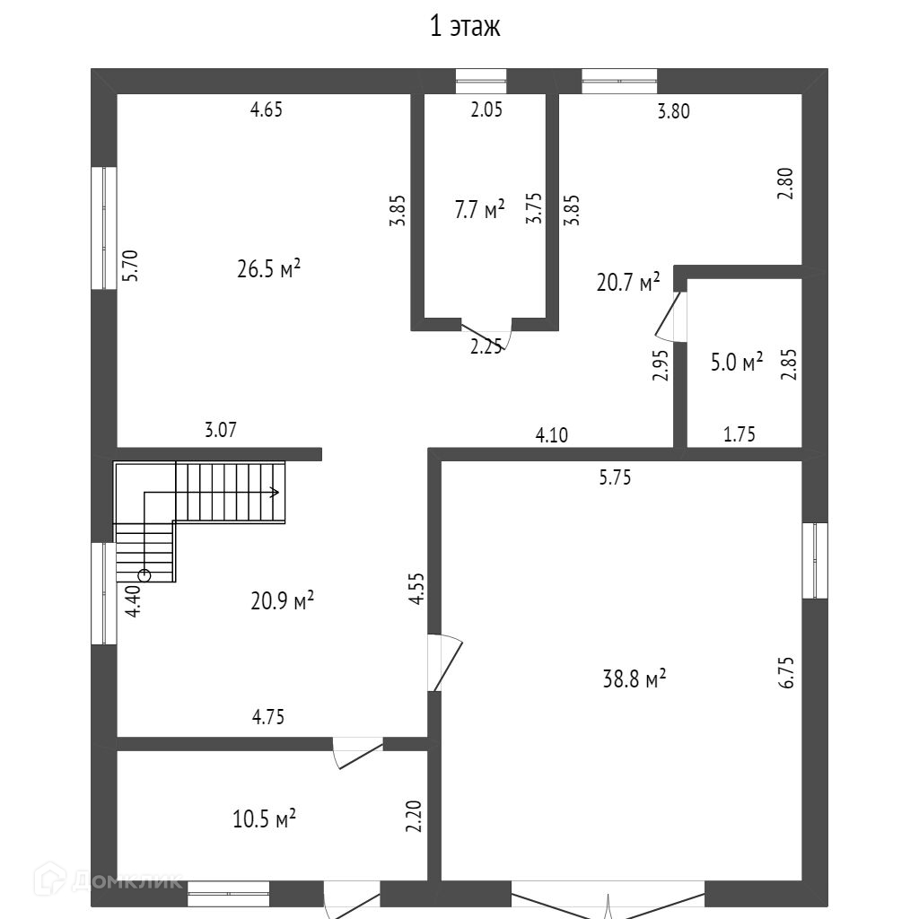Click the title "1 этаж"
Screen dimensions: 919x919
point(464,27)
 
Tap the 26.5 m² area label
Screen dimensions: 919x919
point(268,269)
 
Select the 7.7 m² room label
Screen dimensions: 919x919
point(479,211)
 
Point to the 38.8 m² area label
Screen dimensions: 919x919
point(634,678)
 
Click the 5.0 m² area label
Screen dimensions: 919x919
point(736,362)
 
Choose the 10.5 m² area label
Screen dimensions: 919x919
point(265,819)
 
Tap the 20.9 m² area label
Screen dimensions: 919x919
point(282,600)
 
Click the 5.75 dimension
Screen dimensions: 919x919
point(616,477)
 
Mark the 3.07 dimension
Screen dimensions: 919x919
point(221,431)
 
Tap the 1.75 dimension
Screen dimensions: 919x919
point(740,434)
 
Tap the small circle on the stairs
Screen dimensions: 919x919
point(144,575)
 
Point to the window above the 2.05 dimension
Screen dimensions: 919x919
point(481,81)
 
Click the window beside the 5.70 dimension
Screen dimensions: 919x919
point(104,228)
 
